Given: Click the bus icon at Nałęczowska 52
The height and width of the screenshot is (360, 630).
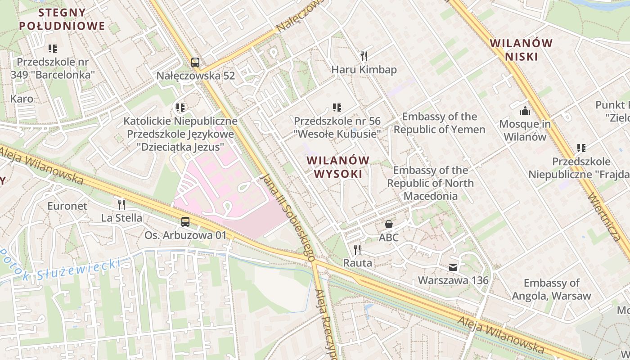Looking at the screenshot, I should [195, 63].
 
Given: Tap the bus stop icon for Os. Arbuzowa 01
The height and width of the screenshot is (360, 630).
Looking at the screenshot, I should [185, 221].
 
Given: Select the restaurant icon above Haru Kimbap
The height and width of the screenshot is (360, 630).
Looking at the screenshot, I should [364, 56].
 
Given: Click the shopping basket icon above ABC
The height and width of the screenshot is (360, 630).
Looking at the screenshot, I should [389, 224].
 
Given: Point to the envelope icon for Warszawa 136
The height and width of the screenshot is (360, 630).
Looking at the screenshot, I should [453, 267].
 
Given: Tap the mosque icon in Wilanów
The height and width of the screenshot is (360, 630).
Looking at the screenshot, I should [525, 111].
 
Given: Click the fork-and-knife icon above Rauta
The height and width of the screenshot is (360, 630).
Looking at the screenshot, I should [357, 249].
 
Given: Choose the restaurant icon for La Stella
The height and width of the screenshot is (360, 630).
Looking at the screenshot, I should [121, 205].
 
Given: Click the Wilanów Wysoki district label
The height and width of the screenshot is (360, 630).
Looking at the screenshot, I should [338, 167].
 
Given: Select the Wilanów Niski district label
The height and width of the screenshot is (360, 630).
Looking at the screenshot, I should [521, 50].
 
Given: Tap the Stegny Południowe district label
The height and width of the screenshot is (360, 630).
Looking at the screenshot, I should [62, 19].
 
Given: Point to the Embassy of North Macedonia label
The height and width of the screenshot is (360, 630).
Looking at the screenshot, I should [430, 183].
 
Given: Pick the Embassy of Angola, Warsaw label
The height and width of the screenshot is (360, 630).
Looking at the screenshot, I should [551, 289].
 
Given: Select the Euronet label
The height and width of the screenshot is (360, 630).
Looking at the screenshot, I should [67, 206].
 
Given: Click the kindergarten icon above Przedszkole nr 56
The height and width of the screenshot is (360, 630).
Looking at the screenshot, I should [337, 108].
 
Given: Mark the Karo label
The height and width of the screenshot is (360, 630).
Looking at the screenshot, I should [22, 99].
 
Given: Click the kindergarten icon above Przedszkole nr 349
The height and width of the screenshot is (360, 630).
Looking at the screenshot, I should [53, 48].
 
